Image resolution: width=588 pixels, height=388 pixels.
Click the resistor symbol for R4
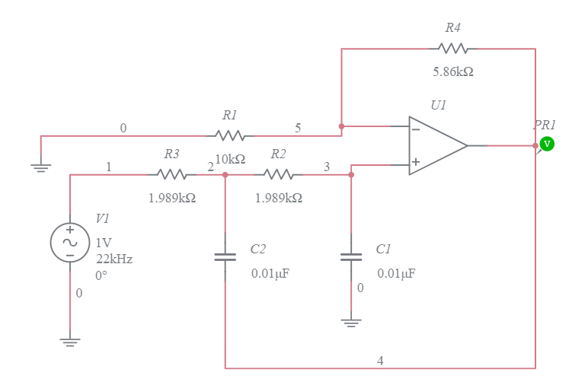453,49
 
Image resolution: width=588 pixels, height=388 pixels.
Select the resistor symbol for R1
230,135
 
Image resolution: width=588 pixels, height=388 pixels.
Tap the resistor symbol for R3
172,174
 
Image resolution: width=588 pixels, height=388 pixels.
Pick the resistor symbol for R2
279,174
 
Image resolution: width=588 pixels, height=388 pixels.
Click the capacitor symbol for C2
225,257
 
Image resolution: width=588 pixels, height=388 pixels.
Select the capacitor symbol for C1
351,257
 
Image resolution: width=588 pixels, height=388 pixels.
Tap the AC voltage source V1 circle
69,243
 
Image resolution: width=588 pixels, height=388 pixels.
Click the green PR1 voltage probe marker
546,144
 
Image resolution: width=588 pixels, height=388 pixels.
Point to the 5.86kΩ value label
453,72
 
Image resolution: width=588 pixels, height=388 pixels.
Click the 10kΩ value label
230,159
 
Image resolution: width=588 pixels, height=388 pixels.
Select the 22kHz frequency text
114,259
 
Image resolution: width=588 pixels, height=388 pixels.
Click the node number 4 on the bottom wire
380,361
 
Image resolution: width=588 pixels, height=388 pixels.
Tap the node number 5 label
298,128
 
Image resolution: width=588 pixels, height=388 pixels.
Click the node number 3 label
327,167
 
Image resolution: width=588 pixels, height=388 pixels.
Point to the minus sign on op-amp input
416,129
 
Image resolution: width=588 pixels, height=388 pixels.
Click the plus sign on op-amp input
416,162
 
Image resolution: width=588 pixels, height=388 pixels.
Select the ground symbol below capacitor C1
351,323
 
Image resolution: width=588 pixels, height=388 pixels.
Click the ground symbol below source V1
69,342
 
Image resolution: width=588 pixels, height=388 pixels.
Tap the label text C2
258,250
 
